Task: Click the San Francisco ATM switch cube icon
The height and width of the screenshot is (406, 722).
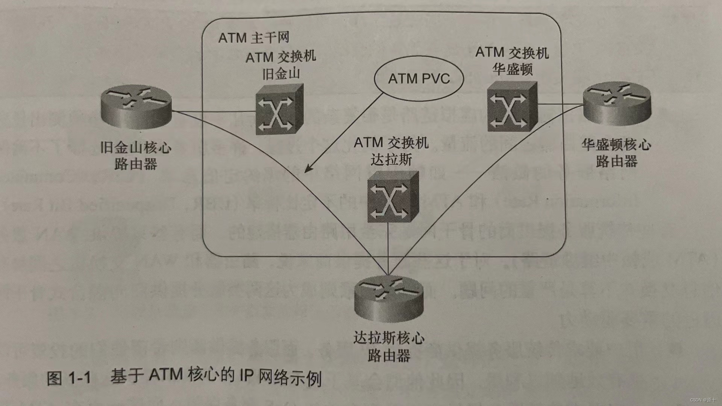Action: click(279, 109)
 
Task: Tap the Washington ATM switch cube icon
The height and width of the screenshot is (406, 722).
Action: click(512, 107)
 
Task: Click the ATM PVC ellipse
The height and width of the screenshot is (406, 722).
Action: click(419, 79)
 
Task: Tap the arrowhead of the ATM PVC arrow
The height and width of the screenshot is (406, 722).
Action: click(308, 169)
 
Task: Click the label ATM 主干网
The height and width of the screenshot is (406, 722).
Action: click(254, 38)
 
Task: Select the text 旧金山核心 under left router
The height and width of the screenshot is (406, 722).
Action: click(136, 147)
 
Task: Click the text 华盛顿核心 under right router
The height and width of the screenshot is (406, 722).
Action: click(616, 144)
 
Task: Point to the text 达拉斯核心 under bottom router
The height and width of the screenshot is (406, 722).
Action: click(388, 338)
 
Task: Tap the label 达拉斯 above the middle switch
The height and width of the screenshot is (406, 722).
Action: click(391, 160)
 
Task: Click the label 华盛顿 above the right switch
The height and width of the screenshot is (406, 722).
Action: click(513, 69)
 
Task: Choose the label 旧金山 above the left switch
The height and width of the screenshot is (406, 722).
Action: click(281, 74)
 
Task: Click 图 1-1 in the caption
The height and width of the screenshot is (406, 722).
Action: click(69, 377)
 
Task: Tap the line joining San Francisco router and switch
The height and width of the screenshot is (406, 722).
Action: click(214, 112)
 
